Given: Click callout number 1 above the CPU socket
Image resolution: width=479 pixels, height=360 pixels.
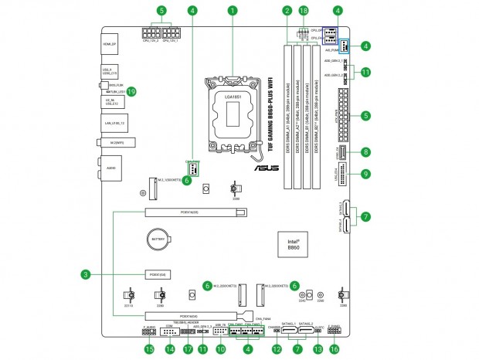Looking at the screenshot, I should click(232, 12).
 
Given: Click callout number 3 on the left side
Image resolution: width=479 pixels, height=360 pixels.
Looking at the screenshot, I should click(87, 273).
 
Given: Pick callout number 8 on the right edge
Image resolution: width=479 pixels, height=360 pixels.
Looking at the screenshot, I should click(365, 153).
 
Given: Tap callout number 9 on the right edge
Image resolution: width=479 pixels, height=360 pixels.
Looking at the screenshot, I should click(365, 174).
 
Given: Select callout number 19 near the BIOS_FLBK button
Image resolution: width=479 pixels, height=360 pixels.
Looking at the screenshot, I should click(131, 91).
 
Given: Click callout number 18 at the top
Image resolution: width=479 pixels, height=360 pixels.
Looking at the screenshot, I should click(304, 12).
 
